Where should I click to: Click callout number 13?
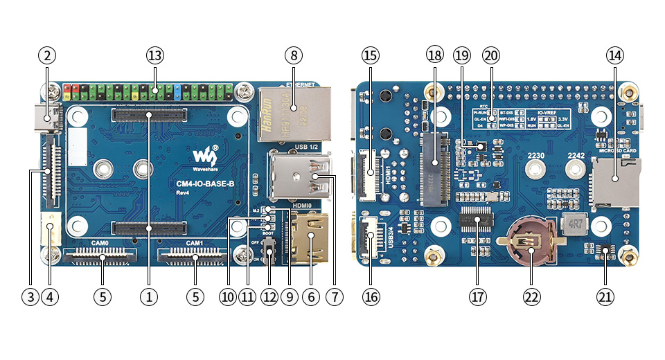(154, 55)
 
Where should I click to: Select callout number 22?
(531, 296)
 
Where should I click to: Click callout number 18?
(434, 55)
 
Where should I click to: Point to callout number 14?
(614, 55)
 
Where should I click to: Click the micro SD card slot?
(615, 181)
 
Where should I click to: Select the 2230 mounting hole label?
(537, 156)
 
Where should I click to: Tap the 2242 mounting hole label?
(577, 156)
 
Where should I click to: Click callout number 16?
(371, 296)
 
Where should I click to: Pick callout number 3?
(29, 296)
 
